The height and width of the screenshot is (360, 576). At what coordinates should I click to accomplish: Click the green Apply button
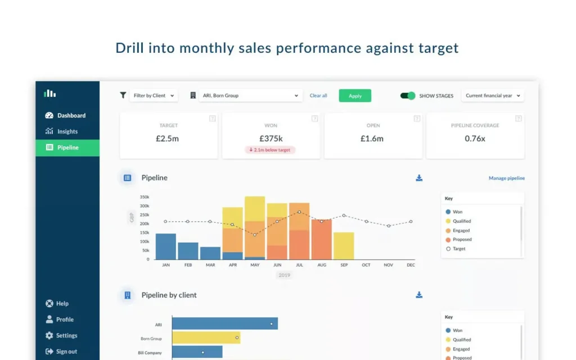(x=355, y=96)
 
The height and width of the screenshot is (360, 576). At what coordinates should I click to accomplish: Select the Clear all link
(x=318, y=96)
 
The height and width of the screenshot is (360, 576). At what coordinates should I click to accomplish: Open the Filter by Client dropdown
(x=154, y=96)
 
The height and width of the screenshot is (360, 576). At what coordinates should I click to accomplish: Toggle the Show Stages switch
(x=408, y=96)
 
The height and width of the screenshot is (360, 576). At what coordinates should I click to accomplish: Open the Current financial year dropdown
(x=493, y=96)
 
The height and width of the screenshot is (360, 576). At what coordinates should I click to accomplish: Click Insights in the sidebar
(x=67, y=132)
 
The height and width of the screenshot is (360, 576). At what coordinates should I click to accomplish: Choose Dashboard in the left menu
(x=71, y=115)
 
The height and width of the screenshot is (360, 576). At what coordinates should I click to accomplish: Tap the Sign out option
(x=66, y=352)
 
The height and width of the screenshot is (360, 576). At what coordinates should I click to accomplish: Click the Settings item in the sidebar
(x=66, y=335)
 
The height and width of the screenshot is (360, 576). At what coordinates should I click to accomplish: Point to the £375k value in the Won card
(x=271, y=138)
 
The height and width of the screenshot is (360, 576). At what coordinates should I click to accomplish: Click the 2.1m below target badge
(x=271, y=150)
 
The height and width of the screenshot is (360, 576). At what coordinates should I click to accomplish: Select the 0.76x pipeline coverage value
(x=475, y=138)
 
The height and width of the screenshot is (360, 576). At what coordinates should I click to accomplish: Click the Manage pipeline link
(x=506, y=178)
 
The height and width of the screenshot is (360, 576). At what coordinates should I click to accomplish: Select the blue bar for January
(x=166, y=246)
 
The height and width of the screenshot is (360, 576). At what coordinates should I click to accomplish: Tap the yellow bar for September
(x=344, y=246)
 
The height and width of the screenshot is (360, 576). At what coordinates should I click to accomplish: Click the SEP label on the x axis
(x=344, y=264)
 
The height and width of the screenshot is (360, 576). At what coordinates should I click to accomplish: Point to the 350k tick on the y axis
(x=144, y=197)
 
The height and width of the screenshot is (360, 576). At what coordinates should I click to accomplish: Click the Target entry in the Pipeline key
(x=459, y=249)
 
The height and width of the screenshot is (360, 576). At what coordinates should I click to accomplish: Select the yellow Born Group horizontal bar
(x=206, y=338)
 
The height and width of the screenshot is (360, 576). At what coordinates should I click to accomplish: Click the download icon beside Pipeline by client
(x=419, y=295)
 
